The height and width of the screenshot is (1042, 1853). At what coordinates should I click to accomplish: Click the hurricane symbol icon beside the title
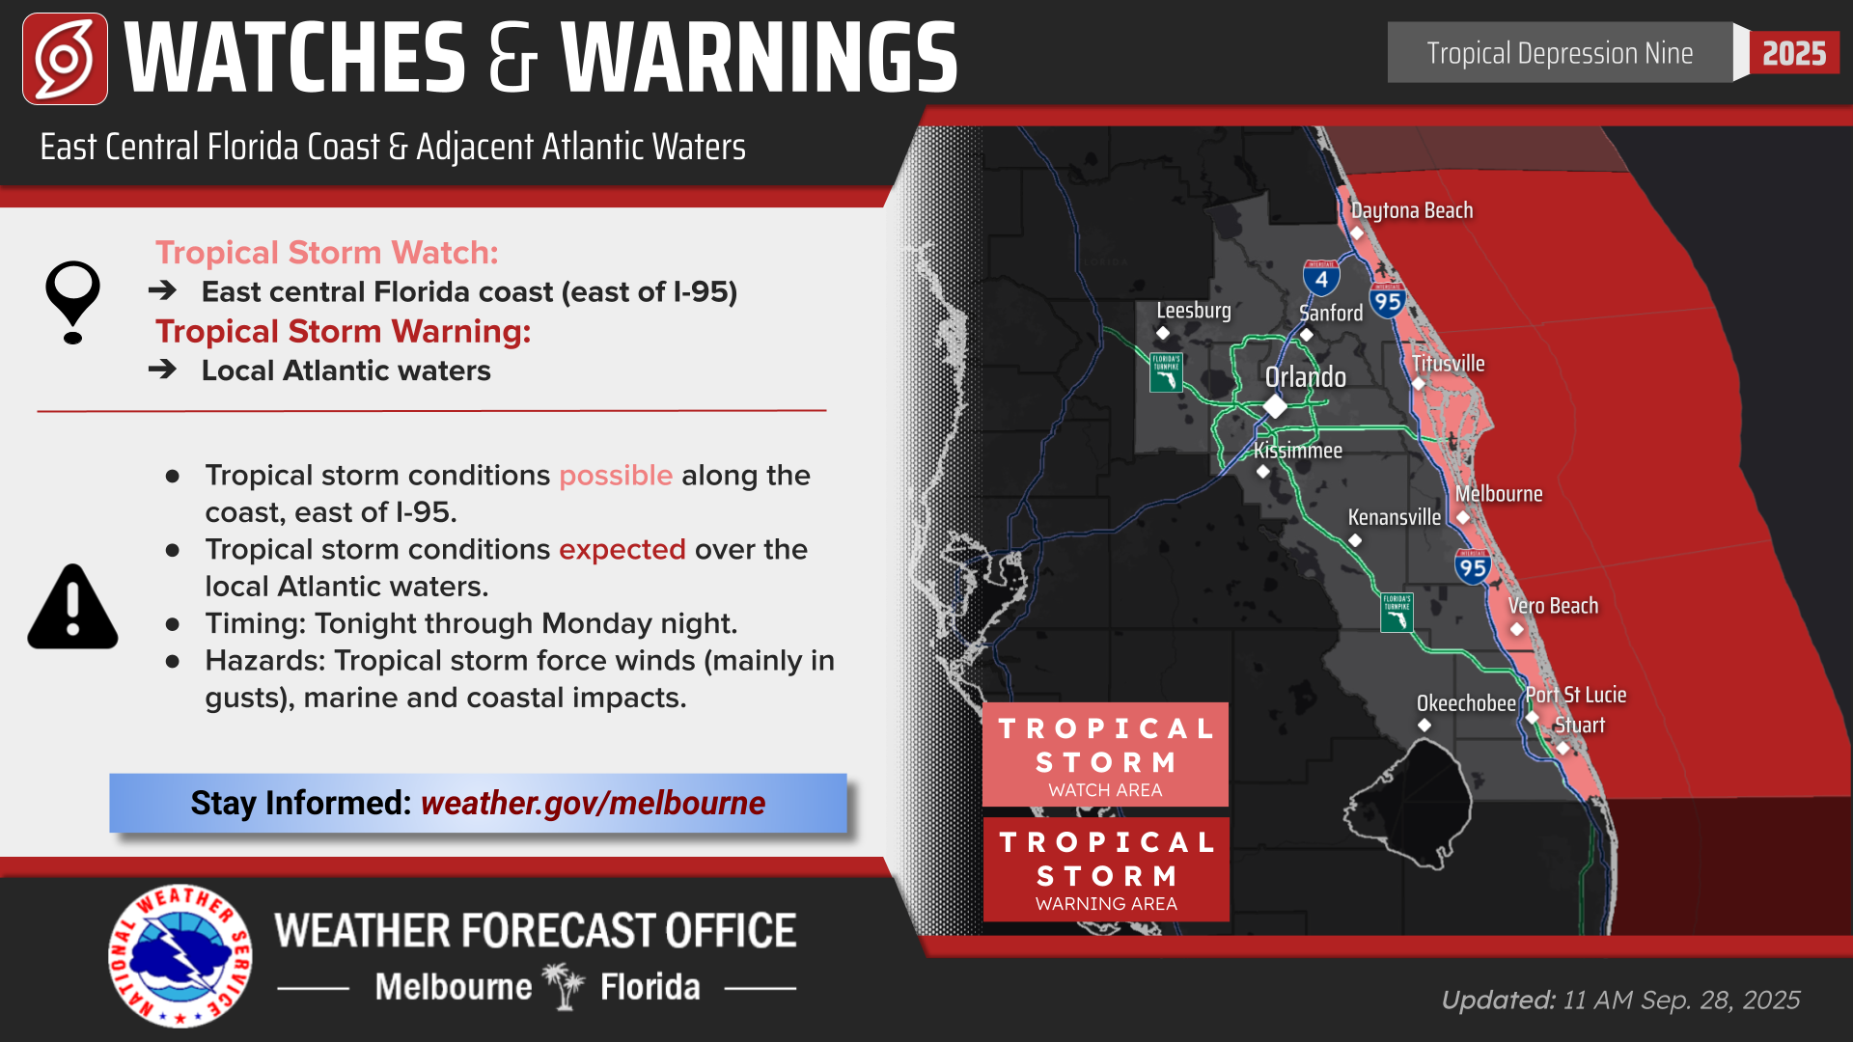click(65, 59)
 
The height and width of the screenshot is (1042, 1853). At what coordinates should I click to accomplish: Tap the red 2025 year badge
click(1794, 53)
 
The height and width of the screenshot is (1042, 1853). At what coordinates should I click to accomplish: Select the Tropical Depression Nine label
click(1560, 53)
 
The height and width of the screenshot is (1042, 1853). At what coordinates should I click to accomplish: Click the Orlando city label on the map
click(1305, 377)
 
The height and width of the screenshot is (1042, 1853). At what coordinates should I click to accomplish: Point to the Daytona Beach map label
click(1411, 210)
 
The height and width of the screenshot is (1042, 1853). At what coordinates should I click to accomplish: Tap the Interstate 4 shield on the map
click(1321, 278)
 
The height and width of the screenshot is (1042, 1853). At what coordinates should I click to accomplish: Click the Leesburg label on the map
click(1194, 311)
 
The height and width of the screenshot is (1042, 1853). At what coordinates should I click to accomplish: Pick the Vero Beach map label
click(1553, 606)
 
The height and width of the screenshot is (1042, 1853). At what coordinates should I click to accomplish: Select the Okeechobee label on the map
click(1465, 703)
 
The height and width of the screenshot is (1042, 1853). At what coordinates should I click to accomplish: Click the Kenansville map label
click(1394, 517)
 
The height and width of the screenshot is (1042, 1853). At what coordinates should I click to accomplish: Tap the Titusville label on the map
click(1448, 364)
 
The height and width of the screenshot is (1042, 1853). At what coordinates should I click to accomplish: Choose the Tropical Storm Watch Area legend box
click(1105, 755)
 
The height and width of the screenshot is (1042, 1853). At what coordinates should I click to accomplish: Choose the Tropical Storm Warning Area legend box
click(1106, 869)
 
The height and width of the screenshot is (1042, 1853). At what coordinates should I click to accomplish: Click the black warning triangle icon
click(72, 608)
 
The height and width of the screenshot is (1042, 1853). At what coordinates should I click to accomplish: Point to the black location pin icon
click(72, 301)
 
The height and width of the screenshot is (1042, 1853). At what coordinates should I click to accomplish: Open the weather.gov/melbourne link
click(593, 803)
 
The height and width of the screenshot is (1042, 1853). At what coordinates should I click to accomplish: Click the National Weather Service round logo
click(180, 955)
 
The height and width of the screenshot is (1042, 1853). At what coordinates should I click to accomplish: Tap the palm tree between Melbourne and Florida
click(566, 986)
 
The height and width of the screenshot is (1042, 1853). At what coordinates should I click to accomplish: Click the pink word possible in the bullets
click(615, 476)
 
